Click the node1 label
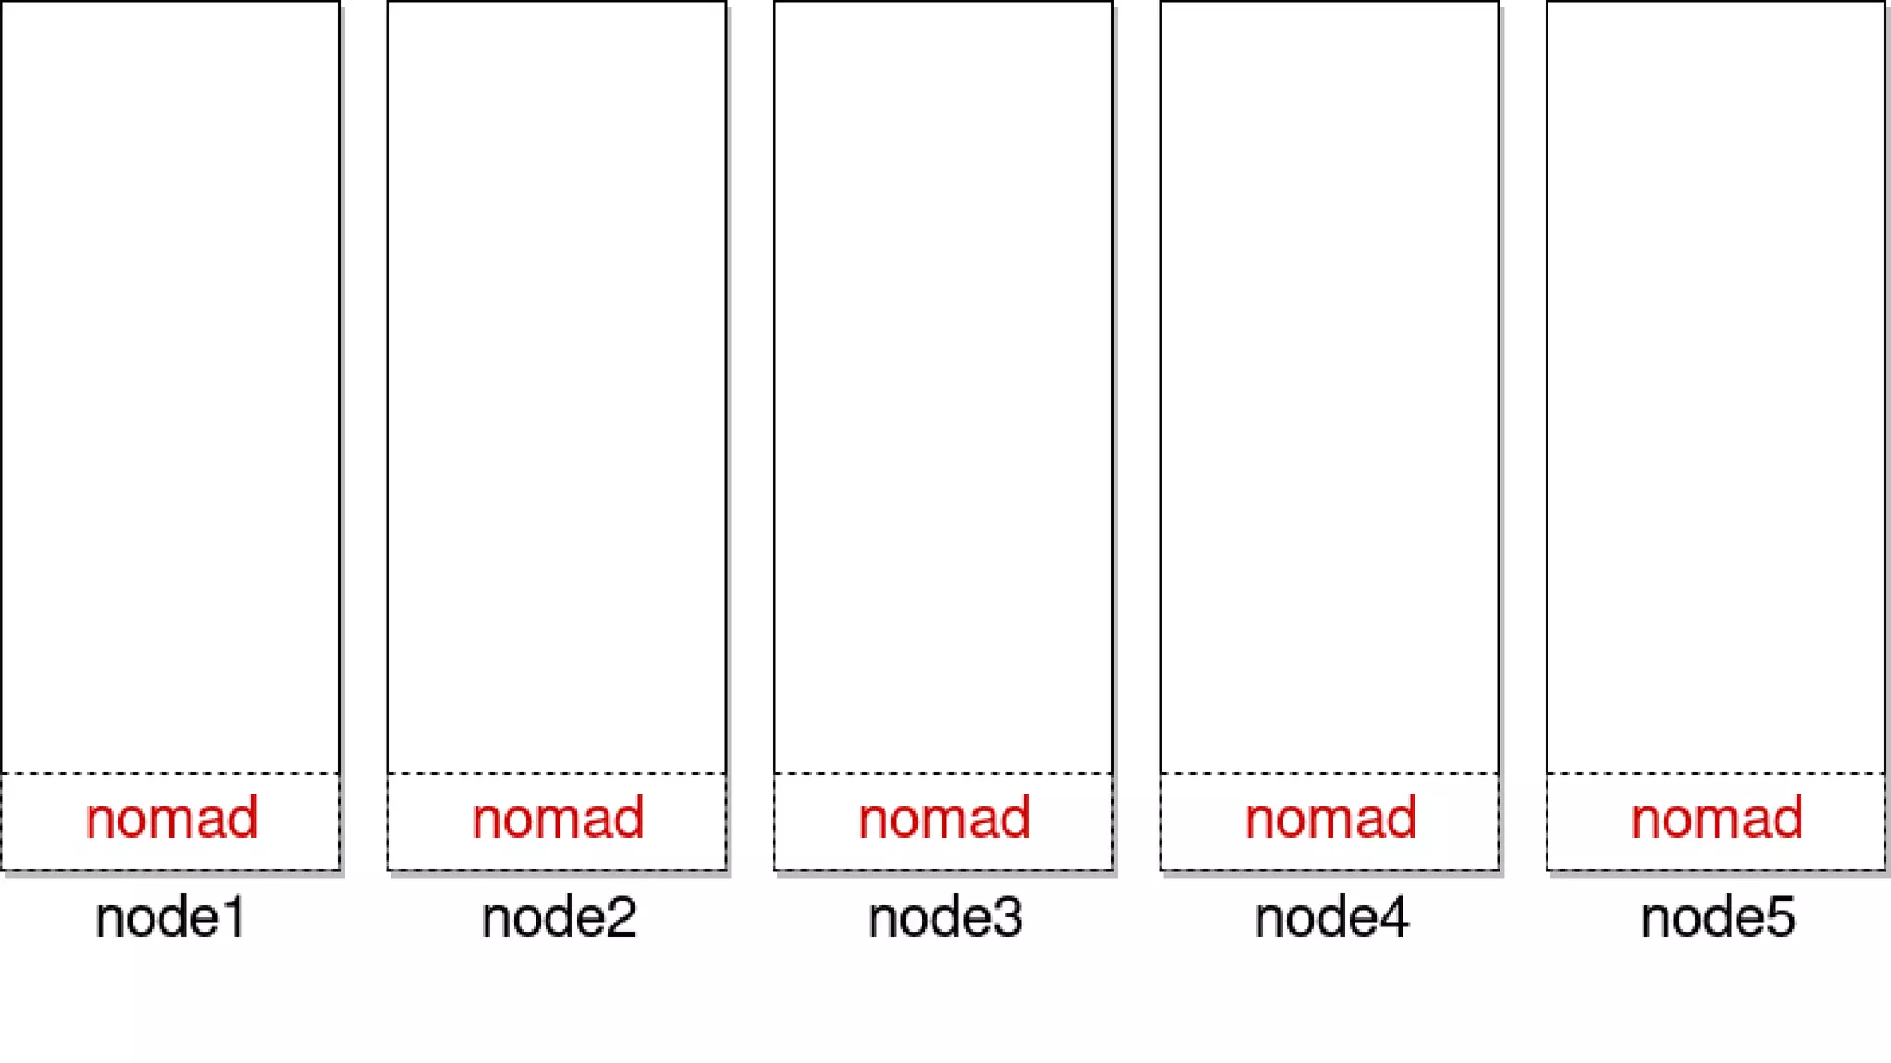click(171, 917)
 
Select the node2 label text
click(559, 917)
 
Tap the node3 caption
click(945, 917)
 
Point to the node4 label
click(1331, 917)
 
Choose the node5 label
click(1717, 917)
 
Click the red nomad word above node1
click(171, 818)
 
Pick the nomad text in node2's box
click(558, 818)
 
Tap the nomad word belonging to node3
click(944, 818)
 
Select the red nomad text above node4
click(1330, 818)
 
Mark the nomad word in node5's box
click(1716, 818)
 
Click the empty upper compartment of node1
click(171, 388)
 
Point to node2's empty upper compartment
click(557, 388)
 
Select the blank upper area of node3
click(943, 388)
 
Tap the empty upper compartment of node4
click(1330, 388)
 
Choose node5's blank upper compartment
click(1716, 388)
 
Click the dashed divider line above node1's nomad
click(171, 773)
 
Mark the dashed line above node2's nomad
click(557, 773)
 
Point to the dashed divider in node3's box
click(943, 773)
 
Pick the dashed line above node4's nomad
click(1330, 773)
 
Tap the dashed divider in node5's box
click(1716, 773)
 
